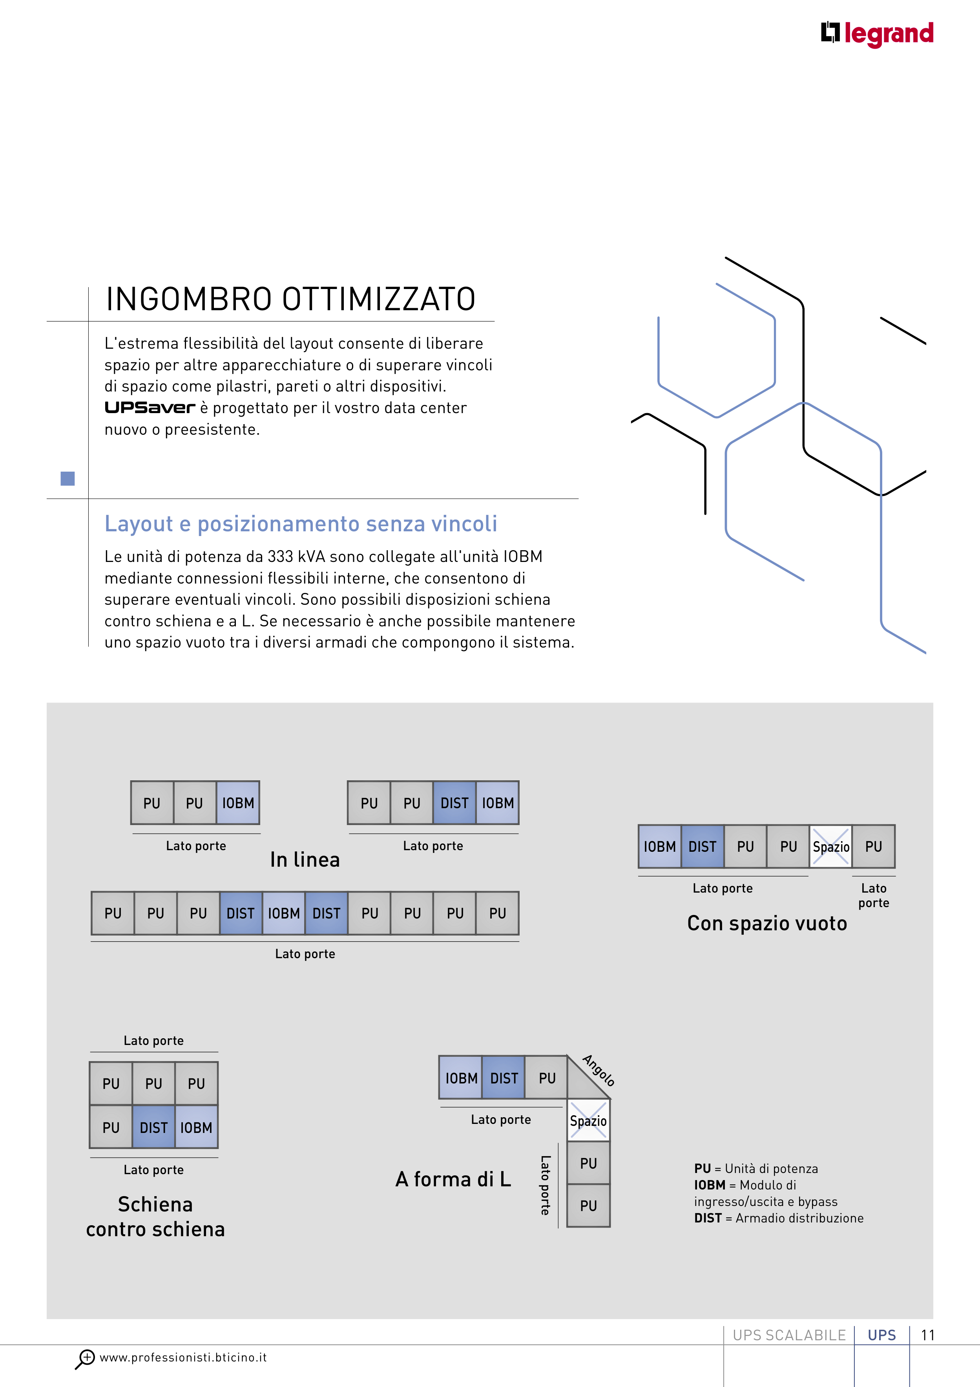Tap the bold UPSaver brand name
pos(150,408)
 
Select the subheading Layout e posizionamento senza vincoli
pos(301,524)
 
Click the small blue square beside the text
pos(68,478)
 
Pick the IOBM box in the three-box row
pos(238,803)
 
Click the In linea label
pos(305,860)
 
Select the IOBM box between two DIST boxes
pos(284,913)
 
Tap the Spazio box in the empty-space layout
pos(831,846)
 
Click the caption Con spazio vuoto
pos(767,923)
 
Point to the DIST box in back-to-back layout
pos(153,1127)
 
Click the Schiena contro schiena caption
pos(155,1217)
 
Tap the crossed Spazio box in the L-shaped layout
pos(589,1121)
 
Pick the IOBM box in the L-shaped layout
pos(461,1078)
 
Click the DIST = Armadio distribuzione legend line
pos(778,1218)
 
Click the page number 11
pos(927,1335)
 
